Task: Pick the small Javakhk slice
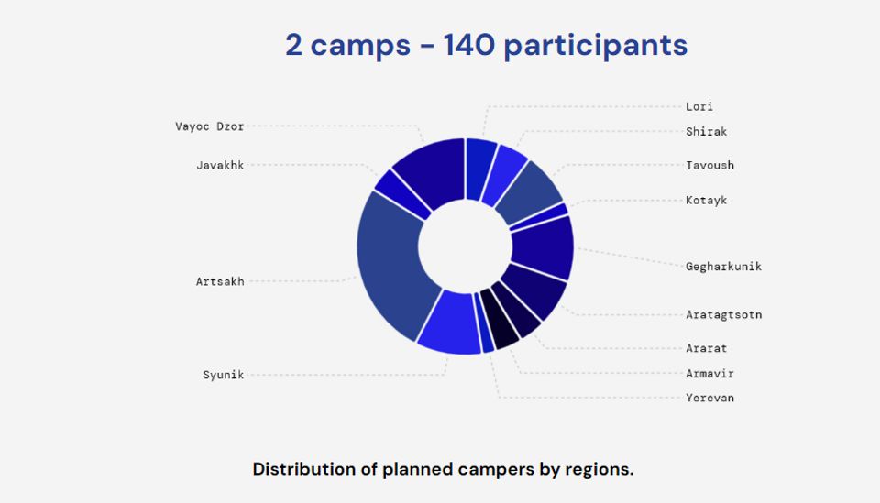(x=401, y=192)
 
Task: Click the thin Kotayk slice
(x=540, y=217)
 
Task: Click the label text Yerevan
(x=709, y=398)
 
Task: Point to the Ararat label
(x=706, y=348)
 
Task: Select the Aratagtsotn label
(x=723, y=314)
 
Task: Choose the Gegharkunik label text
(x=723, y=267)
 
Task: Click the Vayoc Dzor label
(x=209, y=126)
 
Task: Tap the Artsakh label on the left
(x=220, y=281)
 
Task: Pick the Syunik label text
(x=224, y=375)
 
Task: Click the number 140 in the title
(x=468, y=45)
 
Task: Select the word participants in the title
(x=596, y=46)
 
